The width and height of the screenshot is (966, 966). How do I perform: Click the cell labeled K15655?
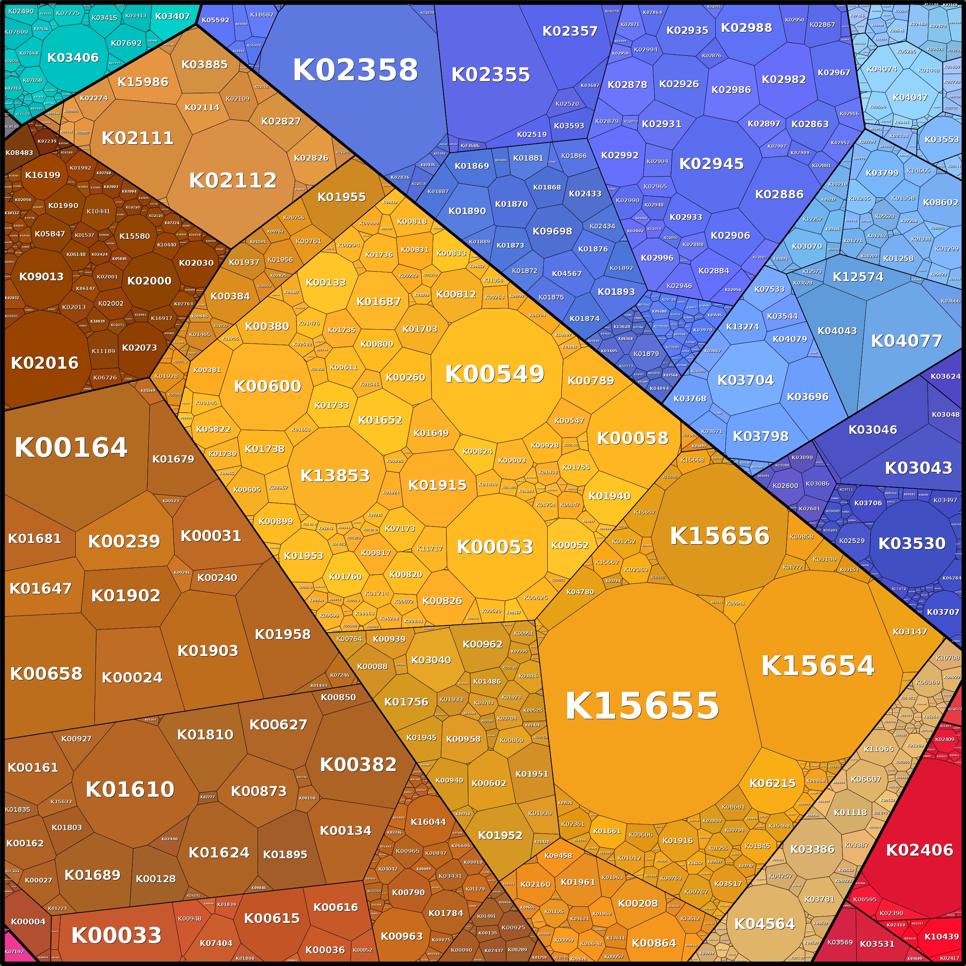click(642, 706)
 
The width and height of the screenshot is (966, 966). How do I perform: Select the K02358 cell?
click(355, 70)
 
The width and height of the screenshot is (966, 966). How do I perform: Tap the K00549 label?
click(495, 374)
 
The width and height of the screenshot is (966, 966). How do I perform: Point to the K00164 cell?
click(71, 448)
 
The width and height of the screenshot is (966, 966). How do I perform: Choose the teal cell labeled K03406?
click(73, 58)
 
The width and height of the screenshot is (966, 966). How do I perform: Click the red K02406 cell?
click(919, 850)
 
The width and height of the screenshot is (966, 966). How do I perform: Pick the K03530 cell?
click(911, 543)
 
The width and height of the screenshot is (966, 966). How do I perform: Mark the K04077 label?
click(906, 341)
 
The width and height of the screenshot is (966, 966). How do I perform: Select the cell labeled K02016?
click(45, 363)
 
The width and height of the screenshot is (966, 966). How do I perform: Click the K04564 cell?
click(764, 924)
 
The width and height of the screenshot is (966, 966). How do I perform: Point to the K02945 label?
click(711, 164)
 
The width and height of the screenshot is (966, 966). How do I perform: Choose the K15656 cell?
click(720, 536)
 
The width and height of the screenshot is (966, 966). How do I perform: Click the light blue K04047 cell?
click(909, 98)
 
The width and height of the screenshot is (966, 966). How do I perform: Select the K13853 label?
click(335, 475)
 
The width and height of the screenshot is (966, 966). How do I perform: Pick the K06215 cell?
click(772, 783)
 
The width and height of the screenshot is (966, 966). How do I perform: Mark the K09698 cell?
click(552, 232)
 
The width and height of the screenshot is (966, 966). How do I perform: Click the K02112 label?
click(233, 180)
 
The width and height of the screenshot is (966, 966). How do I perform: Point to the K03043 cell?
click(918, 468)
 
